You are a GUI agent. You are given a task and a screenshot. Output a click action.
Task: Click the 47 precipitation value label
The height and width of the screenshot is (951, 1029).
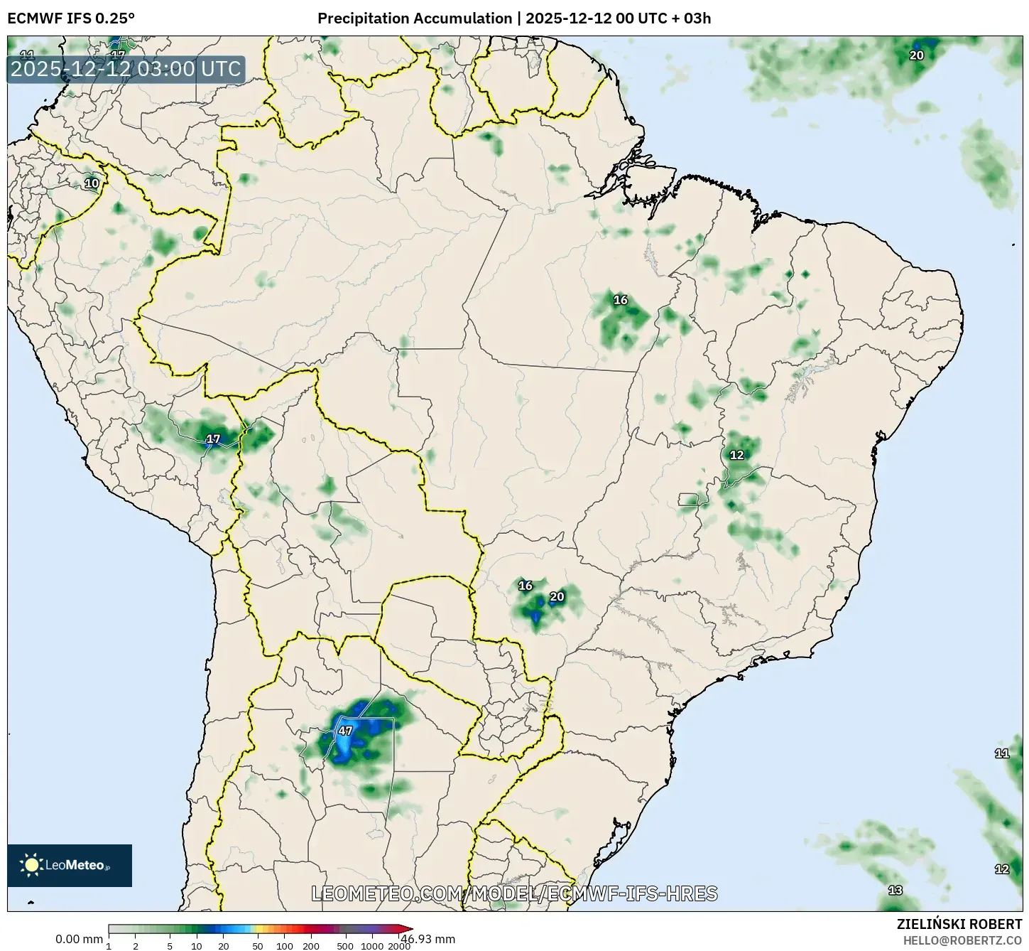point(345,731)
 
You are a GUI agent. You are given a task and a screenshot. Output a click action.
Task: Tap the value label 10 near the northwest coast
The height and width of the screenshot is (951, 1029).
point(92,183)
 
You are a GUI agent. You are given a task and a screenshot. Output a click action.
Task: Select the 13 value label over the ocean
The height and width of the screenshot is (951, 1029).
point(895,890)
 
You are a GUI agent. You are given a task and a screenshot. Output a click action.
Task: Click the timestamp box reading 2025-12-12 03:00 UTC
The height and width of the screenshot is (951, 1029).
point(126,69)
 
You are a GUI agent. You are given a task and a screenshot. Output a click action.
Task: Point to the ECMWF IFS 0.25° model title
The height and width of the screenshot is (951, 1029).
point(71,18)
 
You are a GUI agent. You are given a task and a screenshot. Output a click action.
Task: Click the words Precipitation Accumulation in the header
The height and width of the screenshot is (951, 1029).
point(415,18)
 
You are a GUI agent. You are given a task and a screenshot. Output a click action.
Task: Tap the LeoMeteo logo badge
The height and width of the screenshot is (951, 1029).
point(70,865)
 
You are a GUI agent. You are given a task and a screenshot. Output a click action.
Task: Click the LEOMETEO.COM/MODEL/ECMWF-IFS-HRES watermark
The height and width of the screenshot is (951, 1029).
point(514,893)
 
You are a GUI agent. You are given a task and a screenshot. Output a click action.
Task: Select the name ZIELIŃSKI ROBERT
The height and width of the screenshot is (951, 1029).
point(959,924)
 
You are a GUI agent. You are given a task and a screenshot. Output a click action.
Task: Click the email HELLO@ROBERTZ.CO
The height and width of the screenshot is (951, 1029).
point(962,940)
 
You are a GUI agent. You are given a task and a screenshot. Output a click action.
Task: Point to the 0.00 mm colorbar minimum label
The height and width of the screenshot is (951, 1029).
point(79,939)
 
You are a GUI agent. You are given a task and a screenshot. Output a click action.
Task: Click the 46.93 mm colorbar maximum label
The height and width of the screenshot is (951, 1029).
point(428,939)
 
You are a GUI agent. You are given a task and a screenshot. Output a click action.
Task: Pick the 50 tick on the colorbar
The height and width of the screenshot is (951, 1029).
point(258,945)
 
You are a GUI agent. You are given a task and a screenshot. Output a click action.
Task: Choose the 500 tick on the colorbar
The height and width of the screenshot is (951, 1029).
point(345,945)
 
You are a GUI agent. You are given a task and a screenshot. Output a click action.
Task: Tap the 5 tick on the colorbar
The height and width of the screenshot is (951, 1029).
point(170,945)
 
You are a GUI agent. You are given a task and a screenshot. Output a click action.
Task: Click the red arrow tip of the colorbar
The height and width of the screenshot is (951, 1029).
point(408,929)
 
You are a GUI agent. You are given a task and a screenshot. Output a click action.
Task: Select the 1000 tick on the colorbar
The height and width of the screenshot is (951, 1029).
point(372,945)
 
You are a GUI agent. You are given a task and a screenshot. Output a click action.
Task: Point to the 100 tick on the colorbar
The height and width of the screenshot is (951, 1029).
point(285,945)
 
